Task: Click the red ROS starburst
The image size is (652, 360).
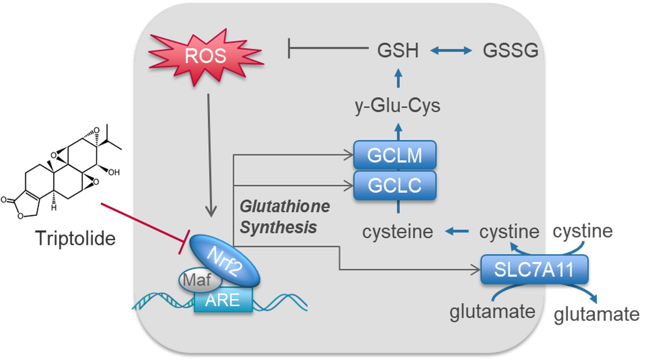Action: coord(206,56)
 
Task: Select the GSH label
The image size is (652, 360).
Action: coord(398,51)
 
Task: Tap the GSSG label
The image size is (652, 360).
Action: coord(510,51)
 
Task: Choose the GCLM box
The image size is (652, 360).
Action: coord(395,155)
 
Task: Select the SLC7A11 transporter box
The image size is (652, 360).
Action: coord(534,269)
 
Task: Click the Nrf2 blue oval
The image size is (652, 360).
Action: coord(225,260)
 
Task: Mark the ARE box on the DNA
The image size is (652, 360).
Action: coord(223,300)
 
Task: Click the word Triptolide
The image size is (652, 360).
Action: coord(75,238)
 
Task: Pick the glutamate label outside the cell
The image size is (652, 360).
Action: coord(596,314)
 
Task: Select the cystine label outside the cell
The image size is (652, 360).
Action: coord(583,231)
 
